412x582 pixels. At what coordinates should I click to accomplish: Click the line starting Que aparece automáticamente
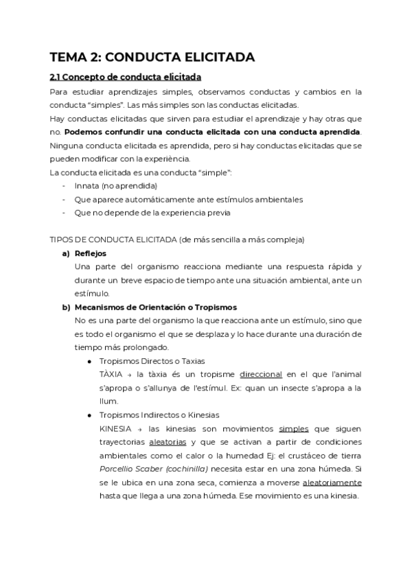[x=189, y=199]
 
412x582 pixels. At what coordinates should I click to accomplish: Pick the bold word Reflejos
[x=91, y=253]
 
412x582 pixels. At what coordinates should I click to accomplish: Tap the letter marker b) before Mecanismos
[x=67, y=307]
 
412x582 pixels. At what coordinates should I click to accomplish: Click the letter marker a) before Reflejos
[x=67, y=253]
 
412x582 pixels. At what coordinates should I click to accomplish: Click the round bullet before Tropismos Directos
[x=89, y=361]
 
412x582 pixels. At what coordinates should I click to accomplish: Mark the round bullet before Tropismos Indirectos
[x=89, y=415]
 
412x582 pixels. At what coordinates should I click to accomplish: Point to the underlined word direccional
[x=261, y=374]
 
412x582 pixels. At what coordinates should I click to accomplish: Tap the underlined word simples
[x=293, y=428]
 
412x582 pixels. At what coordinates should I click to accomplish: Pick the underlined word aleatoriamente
[x=332, y=482]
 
